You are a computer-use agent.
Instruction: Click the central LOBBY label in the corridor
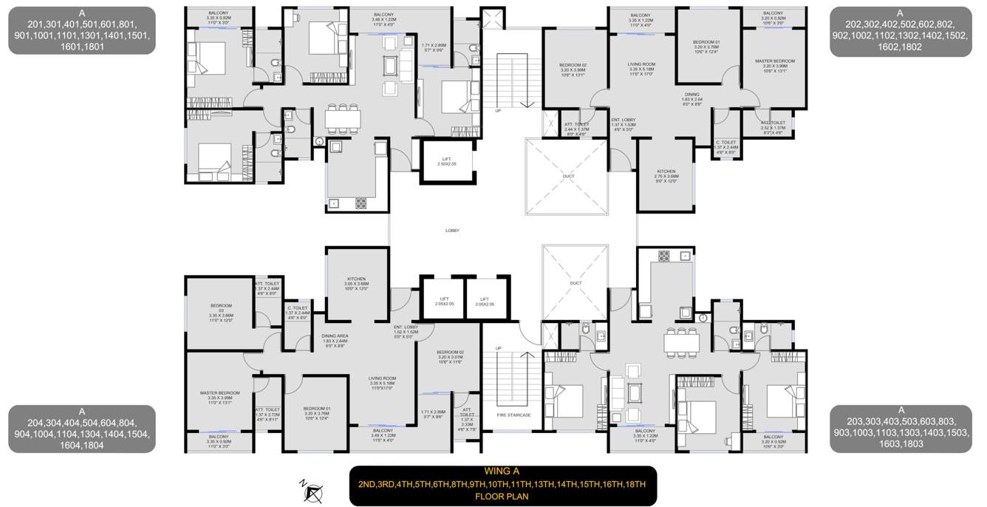point(452,231)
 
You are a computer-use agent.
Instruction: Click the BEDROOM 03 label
point(221,310)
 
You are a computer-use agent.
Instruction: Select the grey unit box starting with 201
point(82,30)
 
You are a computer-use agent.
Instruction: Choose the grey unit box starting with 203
point(900,428)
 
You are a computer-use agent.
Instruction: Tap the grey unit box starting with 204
point(82,428)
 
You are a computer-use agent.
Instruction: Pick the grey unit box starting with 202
point(900,30)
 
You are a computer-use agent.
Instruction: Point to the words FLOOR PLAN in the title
point(502,497)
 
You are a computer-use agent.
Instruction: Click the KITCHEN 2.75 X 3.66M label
point(665,176)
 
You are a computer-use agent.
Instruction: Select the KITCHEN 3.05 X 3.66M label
point(355,284)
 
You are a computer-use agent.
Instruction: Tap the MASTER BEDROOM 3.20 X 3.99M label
point(774,66)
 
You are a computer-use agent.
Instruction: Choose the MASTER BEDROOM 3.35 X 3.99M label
point(219,398)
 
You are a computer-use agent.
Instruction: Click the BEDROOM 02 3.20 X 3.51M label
point(450,357)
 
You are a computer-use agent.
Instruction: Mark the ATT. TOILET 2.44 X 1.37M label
point(576,129)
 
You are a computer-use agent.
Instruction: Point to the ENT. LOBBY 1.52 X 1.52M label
point(406,330)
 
